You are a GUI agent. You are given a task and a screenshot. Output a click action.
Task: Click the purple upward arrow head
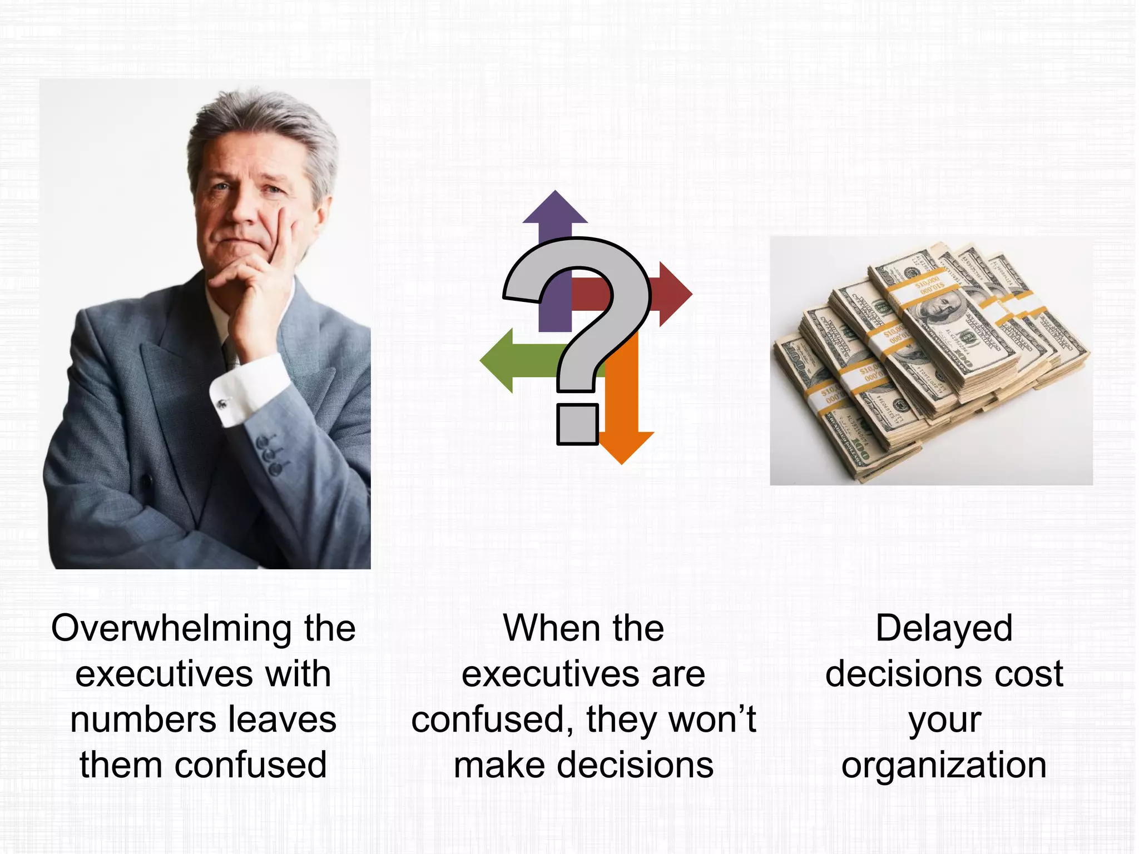pos(554,208)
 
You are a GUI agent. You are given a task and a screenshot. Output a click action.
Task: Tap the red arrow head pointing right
pos(675,294)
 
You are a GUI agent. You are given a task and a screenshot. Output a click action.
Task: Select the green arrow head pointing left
pos(498,360)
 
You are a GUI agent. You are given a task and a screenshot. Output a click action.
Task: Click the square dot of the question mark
pos(577,424)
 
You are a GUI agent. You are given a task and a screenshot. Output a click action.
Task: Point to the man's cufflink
pos(223,402)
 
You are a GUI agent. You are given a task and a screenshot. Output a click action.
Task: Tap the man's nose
pos(244,212)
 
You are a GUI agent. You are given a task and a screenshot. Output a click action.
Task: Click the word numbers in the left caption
pos(142,719)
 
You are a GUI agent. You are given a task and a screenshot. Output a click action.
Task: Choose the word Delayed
pos(944,628)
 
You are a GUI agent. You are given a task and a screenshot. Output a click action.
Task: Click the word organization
pos(944,766)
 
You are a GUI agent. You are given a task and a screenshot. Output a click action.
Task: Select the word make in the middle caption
pos(499,766)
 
